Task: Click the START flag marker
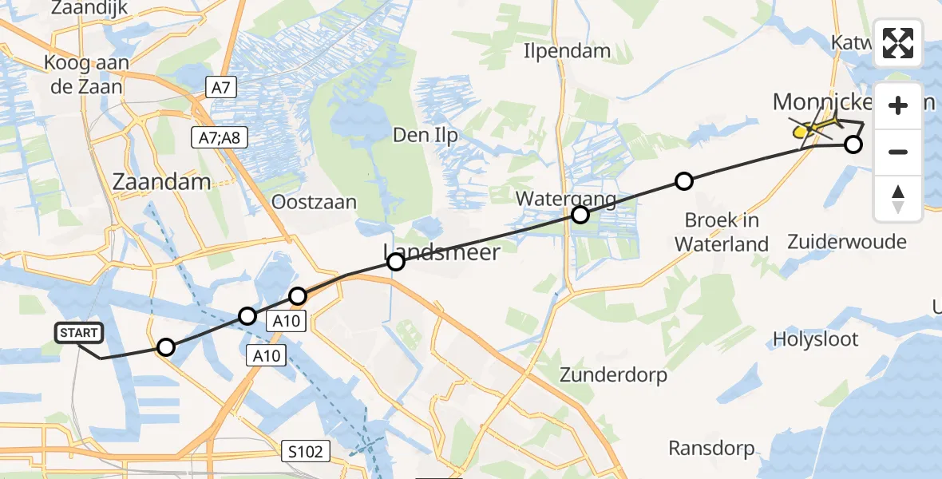pos(78,333)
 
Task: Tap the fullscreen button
pos(898,43)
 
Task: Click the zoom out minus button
pos(898,152)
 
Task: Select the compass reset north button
pos(898,199)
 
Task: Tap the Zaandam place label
pos(162,182)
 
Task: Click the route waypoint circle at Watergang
pos(580,215)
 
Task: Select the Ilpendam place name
pos(567,51)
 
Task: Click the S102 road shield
pos(306,453)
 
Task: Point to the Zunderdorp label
pos(613,374)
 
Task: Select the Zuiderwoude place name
pos(847,241)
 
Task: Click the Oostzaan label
pos(314,201)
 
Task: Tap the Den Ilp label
pos(425,136)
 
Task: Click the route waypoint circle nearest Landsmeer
pos(395,262)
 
